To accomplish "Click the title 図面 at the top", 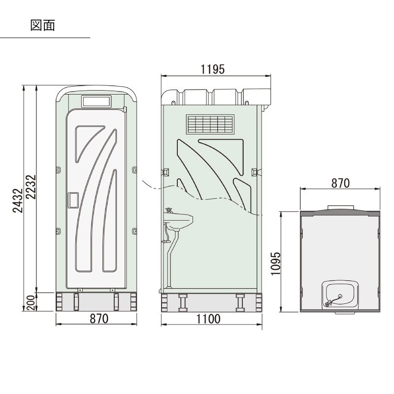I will click(x=42, y=25).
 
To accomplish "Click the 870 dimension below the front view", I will click(x=98, y=319).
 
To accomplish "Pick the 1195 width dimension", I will click(x=212, y=69).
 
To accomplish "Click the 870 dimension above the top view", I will click(x=340, y=183).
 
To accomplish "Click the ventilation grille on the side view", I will click(x=210, y=125).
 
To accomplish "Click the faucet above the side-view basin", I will click(x=169, y=211).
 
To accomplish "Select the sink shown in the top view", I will click(x=340, y=294).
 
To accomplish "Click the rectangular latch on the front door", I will click(x=73, y=199).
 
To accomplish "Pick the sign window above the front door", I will click(x=96, y=101).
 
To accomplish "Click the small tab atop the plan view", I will click(x=340, y=206).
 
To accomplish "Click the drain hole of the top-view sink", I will click(x=340, y=296).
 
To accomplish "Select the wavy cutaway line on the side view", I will click(x=207, y=197).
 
